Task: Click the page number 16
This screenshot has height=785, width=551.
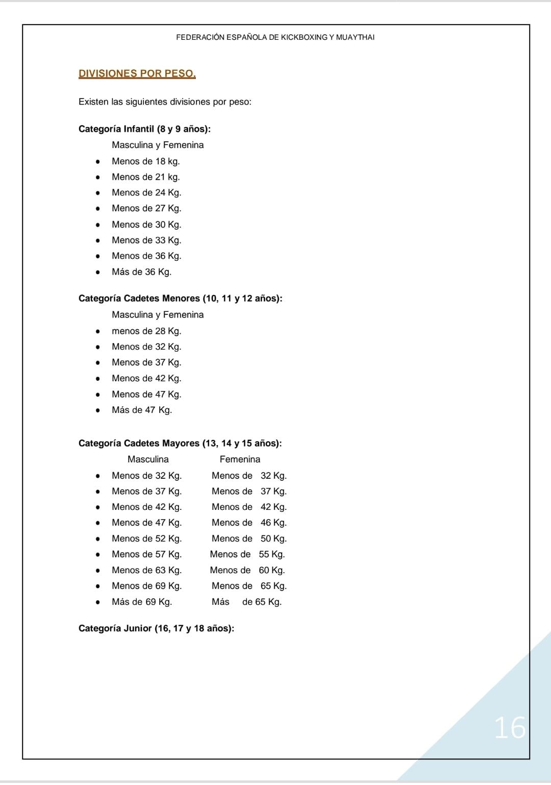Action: point(510,727)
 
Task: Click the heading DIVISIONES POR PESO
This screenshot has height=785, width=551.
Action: point(137,73)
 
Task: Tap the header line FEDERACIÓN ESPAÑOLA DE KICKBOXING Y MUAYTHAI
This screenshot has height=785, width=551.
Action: point(275,37)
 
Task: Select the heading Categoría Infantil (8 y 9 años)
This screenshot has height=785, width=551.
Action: point(144,129)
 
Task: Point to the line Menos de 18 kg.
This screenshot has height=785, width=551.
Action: point(145,161)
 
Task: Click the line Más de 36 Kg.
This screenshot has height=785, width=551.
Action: point(141,272)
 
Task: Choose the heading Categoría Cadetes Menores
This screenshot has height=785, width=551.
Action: point(180,298)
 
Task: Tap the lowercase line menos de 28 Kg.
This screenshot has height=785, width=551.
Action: point(146,331)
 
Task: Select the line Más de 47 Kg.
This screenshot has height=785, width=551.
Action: point(142,410)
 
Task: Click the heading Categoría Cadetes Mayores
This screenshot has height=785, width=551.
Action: point(180,443)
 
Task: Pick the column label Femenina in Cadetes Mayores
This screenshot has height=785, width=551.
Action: point(240,459)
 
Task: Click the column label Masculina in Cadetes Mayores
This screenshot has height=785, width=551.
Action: point(148,459)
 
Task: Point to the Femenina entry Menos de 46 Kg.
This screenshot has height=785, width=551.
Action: point(249,523)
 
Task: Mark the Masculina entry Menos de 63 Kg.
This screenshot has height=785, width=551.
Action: point(146,570)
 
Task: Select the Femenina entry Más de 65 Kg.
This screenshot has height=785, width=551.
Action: point(246,602)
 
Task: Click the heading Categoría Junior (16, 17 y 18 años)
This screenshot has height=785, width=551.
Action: point(156,628)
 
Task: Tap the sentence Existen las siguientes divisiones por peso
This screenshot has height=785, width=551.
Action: point(165,102)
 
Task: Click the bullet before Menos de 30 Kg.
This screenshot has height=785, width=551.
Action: point(97,225)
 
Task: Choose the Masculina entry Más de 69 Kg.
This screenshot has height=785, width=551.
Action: point(142,602)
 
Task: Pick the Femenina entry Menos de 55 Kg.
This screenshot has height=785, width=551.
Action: point(247,554)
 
